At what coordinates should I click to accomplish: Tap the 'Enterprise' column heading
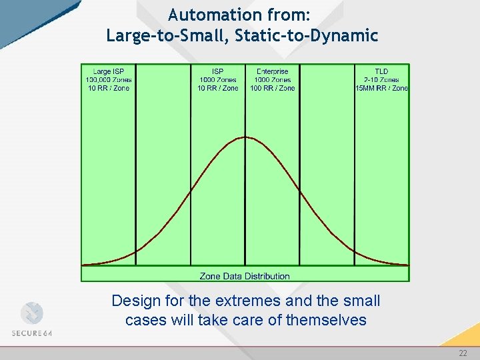coord(272,71)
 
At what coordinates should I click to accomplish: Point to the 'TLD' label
coord(381,71)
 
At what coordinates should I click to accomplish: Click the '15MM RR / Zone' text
coord(382,88)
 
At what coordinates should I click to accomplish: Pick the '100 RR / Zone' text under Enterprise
coord(272,88)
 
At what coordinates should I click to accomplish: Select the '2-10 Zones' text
coord(381,80)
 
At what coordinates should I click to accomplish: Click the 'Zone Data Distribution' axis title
coord(245,276)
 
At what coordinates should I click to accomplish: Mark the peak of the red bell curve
coord(245,137)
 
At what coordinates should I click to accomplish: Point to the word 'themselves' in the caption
coord(326,320)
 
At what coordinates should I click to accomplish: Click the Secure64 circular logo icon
coord(31,313)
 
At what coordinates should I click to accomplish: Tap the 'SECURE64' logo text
coord(31,333)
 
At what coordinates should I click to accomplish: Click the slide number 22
coord(463,353)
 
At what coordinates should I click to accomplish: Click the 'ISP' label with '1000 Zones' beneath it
coord(217,71)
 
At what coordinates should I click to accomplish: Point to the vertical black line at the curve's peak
coord(245,200)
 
